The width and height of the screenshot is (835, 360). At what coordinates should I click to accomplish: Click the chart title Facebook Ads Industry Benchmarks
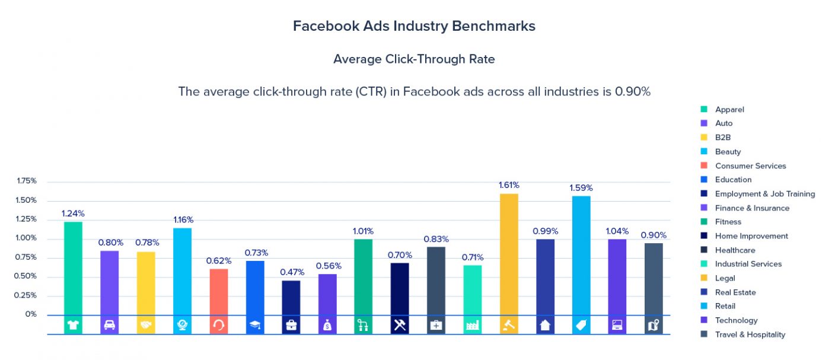click(414, 26)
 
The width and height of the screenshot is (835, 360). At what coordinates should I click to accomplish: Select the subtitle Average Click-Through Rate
click(414, 59)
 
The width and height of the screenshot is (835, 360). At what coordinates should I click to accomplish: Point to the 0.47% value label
click(292, 272)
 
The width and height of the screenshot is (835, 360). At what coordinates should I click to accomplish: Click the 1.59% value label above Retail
click(581, 188)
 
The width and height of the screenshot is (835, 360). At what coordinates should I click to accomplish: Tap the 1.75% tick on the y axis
click(26, 181)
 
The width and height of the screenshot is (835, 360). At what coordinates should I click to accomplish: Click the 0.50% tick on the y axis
click(26, 276)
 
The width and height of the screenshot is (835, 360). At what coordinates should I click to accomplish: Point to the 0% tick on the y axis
click(31, 314)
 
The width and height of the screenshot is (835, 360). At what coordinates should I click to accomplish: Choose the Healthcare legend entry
click(735, 250)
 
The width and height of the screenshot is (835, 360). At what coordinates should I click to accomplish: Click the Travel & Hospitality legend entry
click(750, 334)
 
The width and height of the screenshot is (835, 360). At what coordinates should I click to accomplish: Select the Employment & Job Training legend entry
click(764, 194)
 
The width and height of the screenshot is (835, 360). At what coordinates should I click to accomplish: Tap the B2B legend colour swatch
click(704, 138)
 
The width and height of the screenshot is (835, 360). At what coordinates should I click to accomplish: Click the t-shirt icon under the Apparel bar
click(73, 325)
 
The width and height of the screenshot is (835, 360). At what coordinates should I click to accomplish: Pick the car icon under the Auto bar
click(110, 325)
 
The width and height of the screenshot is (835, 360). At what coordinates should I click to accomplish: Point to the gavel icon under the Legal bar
click(509, 325)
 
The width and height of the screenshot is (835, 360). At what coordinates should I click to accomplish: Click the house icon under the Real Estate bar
click(545, 325)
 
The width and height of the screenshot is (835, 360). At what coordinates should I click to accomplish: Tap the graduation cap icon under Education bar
click(255, 325)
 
